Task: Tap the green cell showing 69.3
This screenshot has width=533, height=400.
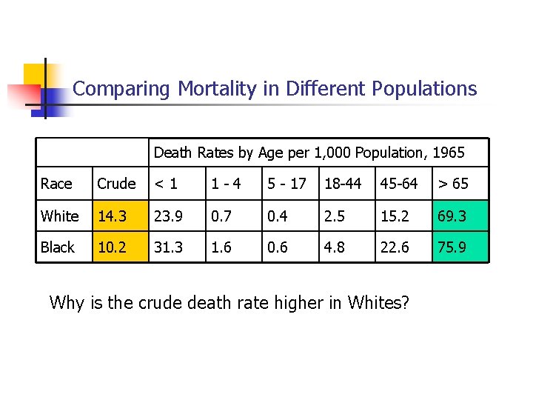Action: pos(460,216)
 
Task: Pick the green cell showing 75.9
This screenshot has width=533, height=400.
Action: pos(460,247)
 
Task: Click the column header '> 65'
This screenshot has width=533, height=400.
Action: pos(453,184)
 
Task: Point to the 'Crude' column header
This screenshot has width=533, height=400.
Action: pos(116,184)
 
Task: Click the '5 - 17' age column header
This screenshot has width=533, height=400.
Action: pos(287,184)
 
